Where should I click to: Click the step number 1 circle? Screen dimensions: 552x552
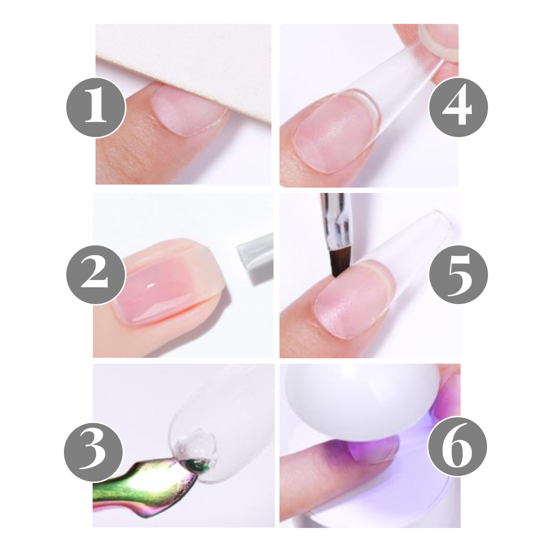[96, 107]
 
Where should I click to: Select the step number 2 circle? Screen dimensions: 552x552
[96, 274]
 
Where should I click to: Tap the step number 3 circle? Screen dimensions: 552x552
[94, 451]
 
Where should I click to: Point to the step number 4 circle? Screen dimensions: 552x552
[458, 107]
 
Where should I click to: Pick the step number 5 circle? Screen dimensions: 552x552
[458, 274]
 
